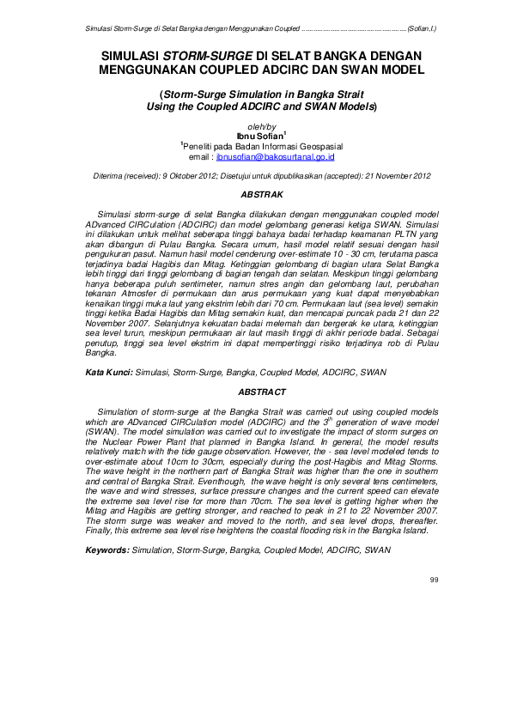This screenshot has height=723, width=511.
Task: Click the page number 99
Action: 434,580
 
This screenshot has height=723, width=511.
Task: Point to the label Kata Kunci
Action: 108,373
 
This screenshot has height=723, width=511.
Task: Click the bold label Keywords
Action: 108,550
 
